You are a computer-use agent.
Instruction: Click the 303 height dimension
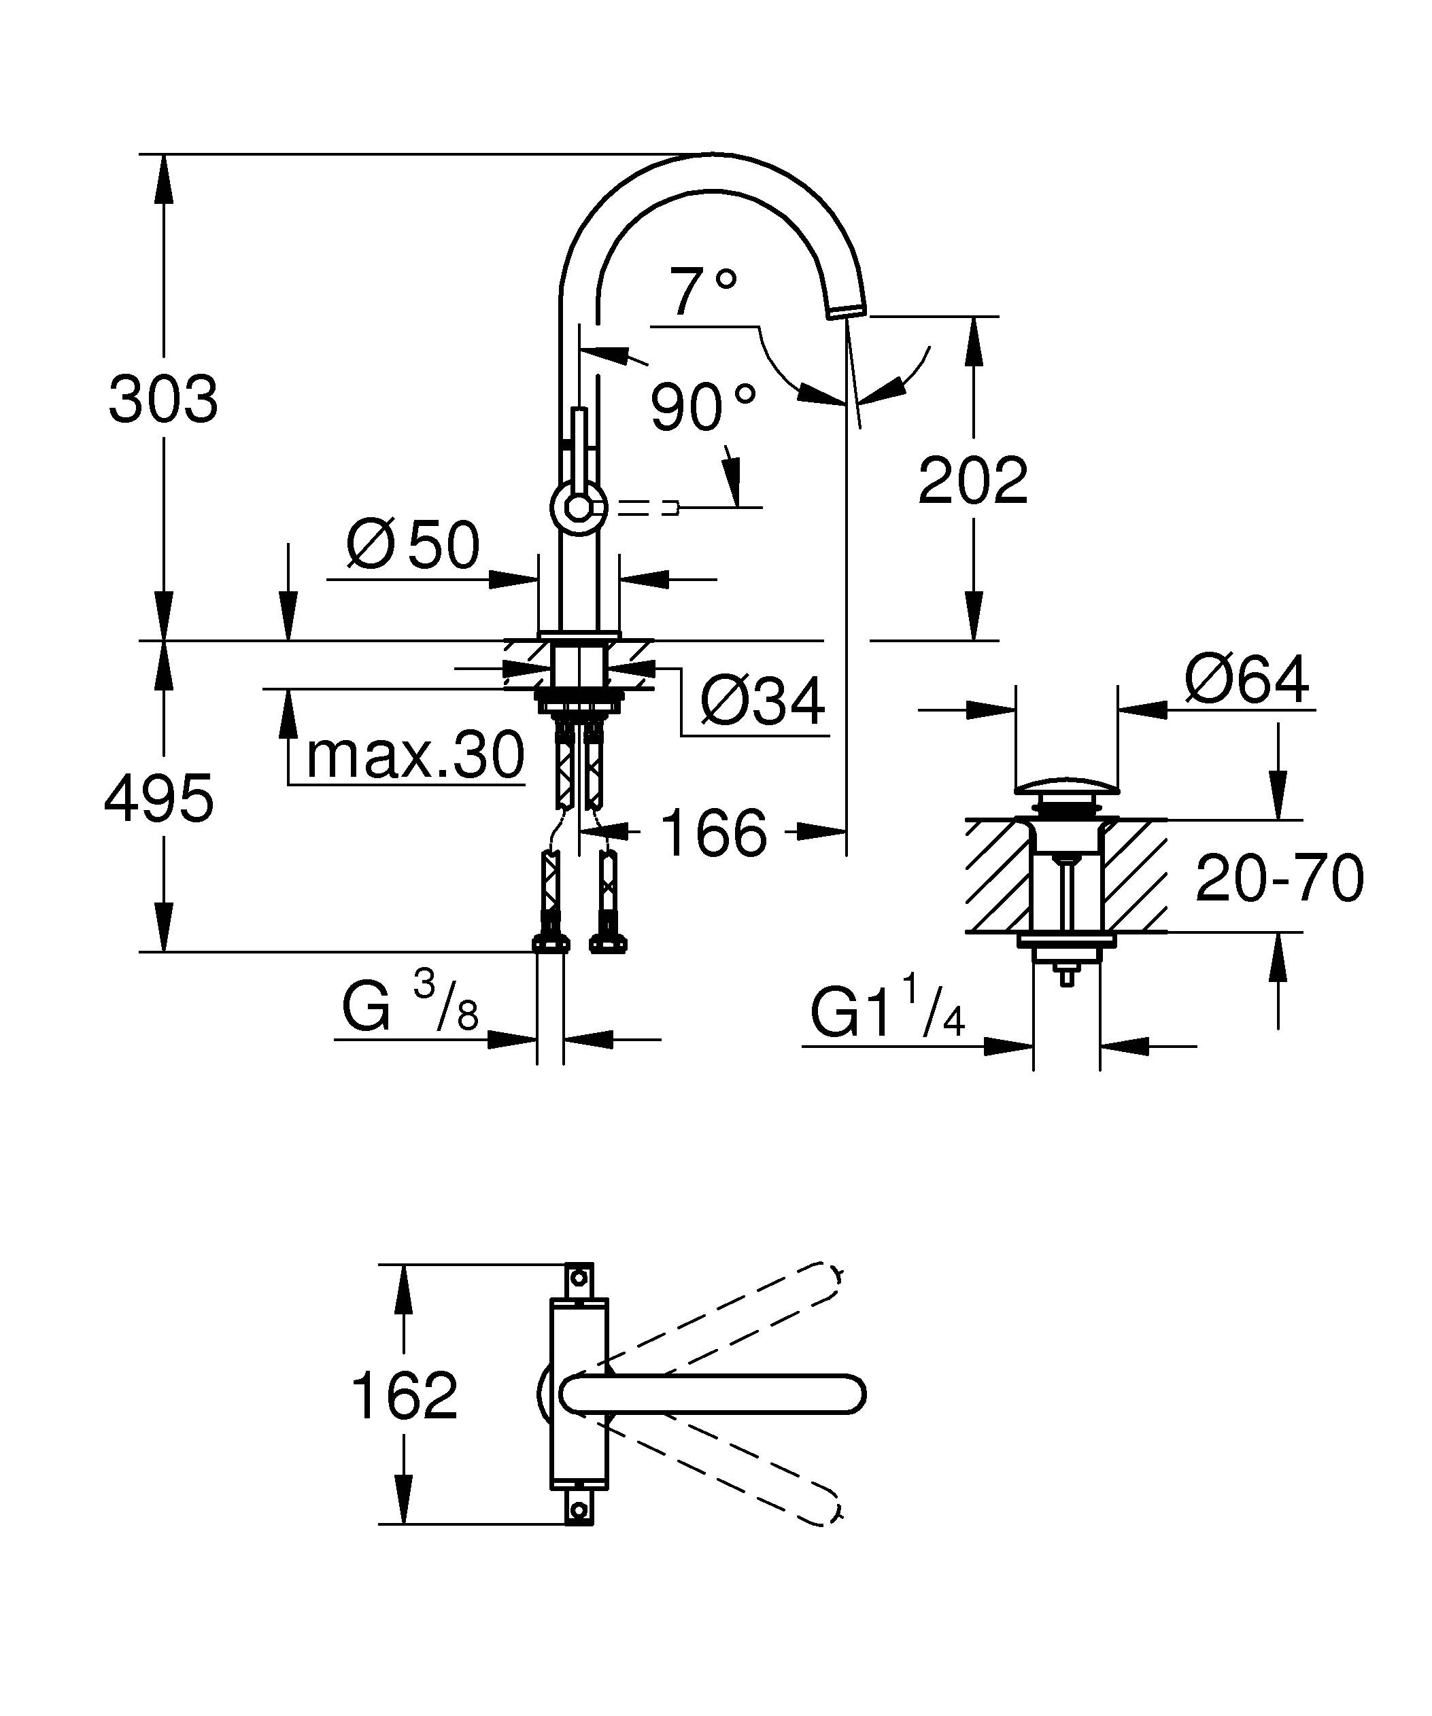pyautogui.click(x=163, y=400)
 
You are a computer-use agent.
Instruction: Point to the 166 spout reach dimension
pyautogui.click(x=713, y=833)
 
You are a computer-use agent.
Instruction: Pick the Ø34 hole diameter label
pyautogui.click(x=763, y=701)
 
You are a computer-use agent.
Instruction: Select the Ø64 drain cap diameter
pyautogui.click(x=1246, y=680)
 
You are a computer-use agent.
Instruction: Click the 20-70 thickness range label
pyautogui.click(x=1279, y=879)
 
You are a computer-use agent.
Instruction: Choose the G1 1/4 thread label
pyautogui.click(x=887, y=1014)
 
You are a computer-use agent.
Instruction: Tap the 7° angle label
pyautogui.click(x=703, y=292)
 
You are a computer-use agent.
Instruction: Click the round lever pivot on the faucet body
pyautogui.click(x=579, y=508)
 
